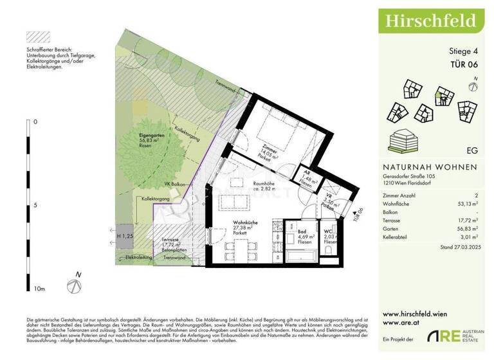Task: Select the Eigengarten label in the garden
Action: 154,139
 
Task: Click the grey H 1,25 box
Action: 124,236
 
